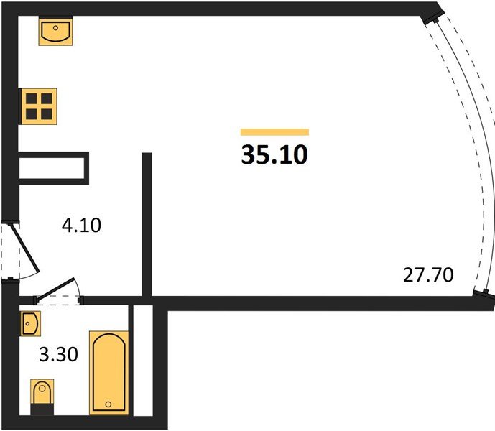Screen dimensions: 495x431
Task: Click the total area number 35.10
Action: point(274,154)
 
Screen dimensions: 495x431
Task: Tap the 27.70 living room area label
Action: point(428,274)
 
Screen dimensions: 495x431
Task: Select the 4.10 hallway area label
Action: point(81,225)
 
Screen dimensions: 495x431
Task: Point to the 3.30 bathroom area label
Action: point(58,354)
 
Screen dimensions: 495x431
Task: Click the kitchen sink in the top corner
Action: point(55,32)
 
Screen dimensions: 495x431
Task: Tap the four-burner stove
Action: point(39,106)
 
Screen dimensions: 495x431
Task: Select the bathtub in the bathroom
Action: point(109,373)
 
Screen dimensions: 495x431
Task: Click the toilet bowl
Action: point(42,391)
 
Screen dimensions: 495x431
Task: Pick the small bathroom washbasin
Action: point(31,323)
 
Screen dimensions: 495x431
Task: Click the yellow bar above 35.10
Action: point(274,132)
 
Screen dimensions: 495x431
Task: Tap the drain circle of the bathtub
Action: point(108,404)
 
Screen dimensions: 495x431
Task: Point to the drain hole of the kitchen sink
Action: point(55,28)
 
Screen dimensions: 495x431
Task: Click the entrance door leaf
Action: point(25,248)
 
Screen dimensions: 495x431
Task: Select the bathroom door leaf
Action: point(55,288)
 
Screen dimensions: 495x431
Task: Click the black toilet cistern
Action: point(42,409)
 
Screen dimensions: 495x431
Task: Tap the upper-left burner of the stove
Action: point(32,99)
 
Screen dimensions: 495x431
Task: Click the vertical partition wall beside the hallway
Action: point(147,225)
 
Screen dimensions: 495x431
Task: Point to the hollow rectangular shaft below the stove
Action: point(53,168)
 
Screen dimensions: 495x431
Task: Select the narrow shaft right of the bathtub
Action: point(143,361)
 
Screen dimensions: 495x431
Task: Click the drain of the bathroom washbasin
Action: point(28,324)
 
